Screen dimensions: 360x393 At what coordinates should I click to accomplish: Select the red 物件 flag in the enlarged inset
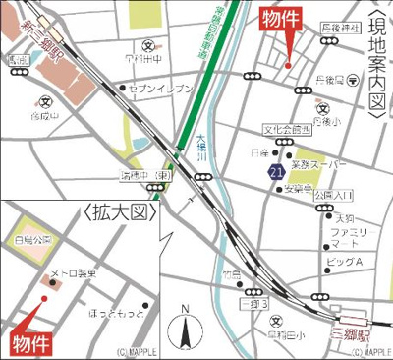[30, 343]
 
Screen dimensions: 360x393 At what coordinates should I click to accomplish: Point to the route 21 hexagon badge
[276, 172]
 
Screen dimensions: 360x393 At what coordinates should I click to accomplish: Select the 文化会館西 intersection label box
[286, 129]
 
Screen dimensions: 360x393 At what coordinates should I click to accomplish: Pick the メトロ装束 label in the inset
[74, 274]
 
